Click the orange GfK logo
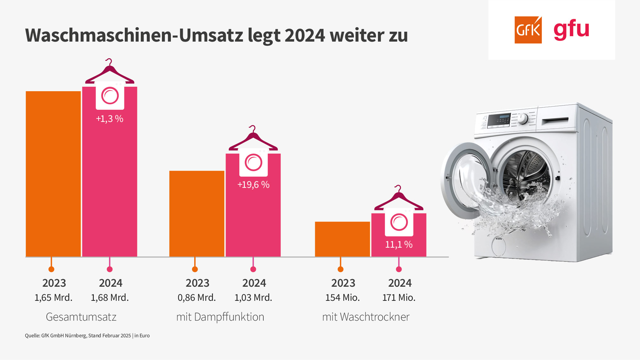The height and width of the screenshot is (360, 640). point(528,30)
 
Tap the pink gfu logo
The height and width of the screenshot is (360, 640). point(571,29)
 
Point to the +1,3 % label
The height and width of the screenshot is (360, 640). point(110,119)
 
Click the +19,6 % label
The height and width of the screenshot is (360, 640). point(253,185)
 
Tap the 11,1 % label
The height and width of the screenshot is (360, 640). point(399,245)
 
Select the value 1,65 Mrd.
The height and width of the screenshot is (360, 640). point(53,298)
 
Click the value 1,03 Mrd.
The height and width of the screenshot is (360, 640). point(253,298)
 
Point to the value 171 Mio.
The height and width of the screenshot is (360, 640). point(399,298)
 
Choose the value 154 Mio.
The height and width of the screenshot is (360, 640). point(342,298)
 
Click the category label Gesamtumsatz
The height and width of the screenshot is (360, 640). point(81,317)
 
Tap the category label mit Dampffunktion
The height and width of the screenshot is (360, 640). point(220,317)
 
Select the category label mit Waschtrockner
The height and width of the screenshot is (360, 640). point(366,317)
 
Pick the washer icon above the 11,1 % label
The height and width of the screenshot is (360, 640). point(399,222)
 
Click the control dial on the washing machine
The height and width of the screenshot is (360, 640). point(523,118)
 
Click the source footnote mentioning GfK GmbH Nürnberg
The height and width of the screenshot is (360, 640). point(87,336)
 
